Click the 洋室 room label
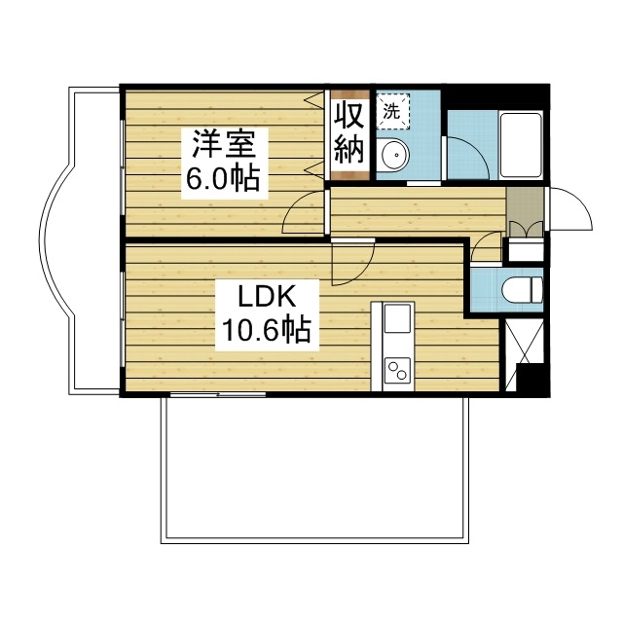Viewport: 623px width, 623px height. click(222, 146)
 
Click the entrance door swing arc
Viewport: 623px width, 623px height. click(568, 208)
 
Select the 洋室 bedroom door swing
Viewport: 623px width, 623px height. click(304, 214)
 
